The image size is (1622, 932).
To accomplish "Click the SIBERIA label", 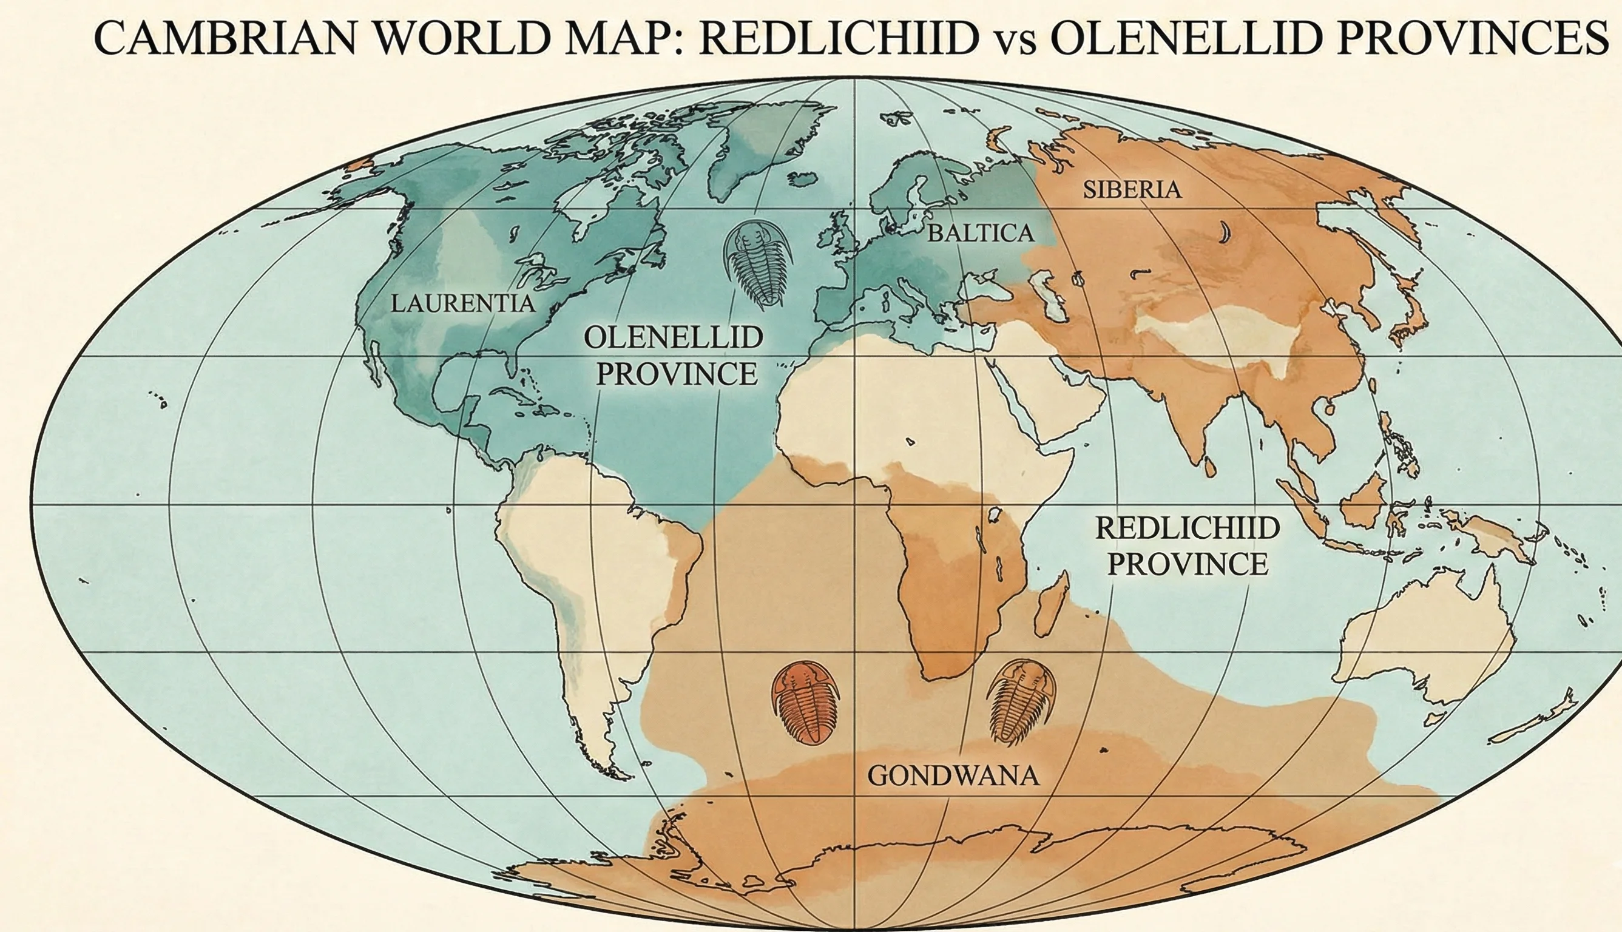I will coord(1132,189).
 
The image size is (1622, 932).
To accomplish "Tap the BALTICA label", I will coord(981,233).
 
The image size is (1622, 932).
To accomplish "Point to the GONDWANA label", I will coord(953,776).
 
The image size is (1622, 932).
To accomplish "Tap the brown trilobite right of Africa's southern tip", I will coord(1020,701).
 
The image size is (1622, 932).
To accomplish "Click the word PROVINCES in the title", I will coord(1472,38).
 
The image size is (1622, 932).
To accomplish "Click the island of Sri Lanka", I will coord(1209,467).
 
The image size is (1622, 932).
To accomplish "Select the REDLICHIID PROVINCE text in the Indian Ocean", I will coord(1188,546).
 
